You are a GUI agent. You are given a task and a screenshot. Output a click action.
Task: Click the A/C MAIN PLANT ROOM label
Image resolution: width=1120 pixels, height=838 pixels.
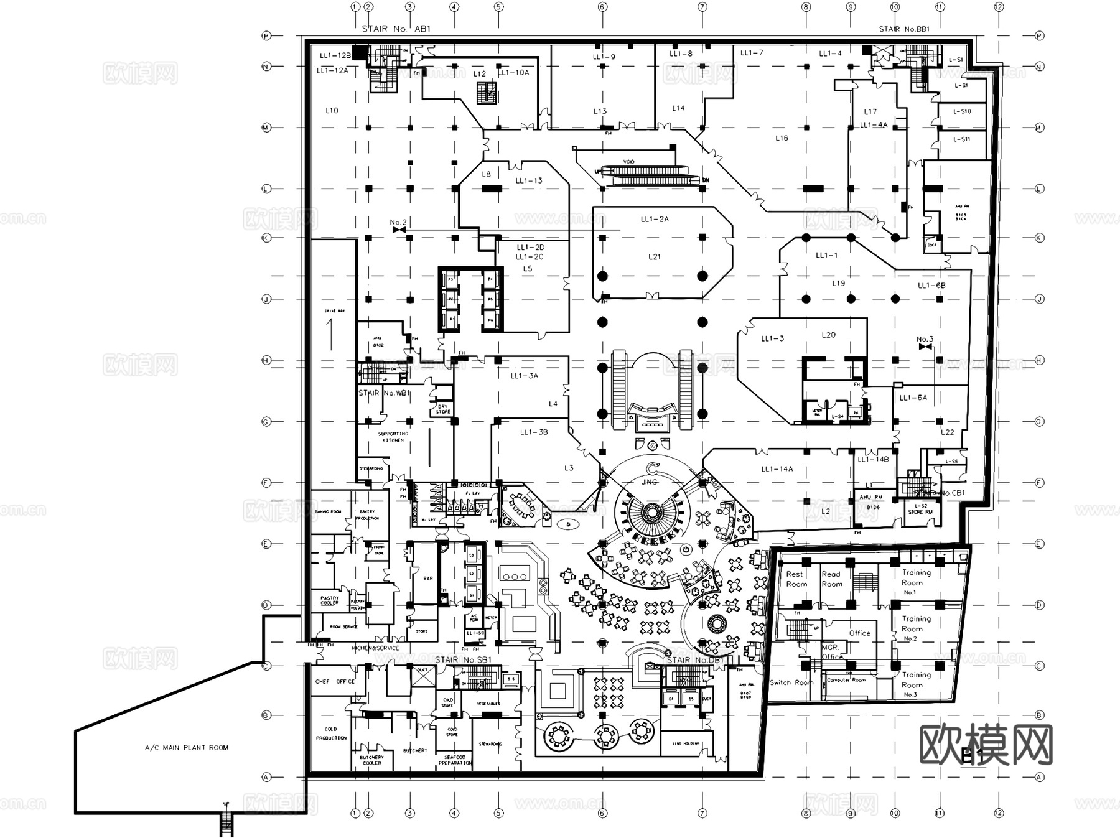(187, 748)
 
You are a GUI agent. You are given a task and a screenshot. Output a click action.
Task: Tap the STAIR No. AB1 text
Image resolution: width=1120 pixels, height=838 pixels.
(396, 29)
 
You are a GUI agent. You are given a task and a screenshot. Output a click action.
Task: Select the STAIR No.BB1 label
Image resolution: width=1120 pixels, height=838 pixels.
(904, 29)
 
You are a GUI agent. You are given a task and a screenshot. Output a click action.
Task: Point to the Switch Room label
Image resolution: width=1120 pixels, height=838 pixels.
(791, 682)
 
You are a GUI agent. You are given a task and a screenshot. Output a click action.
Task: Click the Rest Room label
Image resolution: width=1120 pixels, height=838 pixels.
(796, 579)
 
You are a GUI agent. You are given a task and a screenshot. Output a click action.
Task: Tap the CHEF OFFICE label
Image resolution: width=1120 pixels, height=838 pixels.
(335, 681)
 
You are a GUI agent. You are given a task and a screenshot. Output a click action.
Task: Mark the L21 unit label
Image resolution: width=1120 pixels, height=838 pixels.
(655, 256)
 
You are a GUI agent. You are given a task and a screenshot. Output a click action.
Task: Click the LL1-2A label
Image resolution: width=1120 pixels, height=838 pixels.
(655, 219)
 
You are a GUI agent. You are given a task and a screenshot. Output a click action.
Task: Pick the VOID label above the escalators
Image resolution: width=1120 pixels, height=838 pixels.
(628, 162)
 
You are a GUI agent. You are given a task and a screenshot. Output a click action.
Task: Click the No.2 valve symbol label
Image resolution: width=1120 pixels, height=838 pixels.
(398, 223)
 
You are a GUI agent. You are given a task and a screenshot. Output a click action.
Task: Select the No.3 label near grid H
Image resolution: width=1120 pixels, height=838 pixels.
(925, 340)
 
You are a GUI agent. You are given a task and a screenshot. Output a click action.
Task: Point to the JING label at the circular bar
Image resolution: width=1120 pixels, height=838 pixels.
(649, 482)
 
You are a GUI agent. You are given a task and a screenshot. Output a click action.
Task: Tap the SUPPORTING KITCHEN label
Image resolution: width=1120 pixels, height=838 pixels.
(393, 437)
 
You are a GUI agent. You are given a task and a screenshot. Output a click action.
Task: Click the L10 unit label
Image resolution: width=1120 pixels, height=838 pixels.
(332, 110)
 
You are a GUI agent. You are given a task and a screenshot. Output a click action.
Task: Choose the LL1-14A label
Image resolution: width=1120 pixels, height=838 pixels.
(777, 469)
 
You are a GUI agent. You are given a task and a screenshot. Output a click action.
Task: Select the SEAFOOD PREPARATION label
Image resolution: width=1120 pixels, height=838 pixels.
(455, 760)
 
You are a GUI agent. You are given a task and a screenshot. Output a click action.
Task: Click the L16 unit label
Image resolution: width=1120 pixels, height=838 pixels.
(782, 138)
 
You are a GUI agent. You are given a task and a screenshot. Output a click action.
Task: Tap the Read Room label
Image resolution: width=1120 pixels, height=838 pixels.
(831, 579)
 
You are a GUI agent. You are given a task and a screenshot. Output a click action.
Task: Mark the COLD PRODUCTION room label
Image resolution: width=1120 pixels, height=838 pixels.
(331, 733)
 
